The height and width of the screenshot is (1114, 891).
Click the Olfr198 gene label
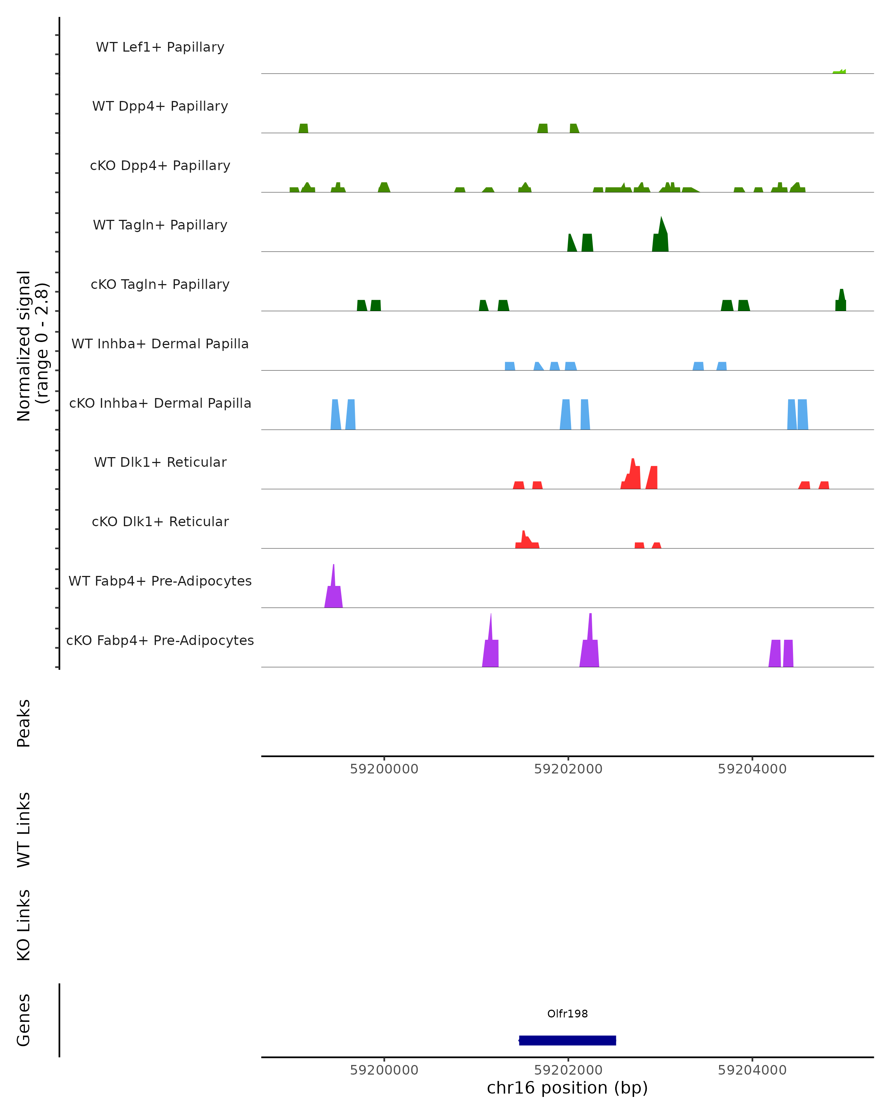[567, 1014]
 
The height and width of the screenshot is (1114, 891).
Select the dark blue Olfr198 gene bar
[567, 1040]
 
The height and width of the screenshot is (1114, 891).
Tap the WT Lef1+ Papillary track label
[160, 47]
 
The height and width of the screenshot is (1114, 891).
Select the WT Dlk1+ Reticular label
[160, 462]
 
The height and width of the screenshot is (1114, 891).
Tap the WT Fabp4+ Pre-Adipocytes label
[160, 581]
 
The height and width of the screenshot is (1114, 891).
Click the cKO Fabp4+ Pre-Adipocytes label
[160, 640]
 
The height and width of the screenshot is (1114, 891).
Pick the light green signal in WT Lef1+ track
[840, 72]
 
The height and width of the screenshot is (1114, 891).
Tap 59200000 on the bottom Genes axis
[384, 1070]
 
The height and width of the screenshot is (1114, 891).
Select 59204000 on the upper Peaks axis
[752, 769]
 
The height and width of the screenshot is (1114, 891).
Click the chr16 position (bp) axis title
[567, 1088]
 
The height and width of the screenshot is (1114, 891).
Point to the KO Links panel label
[24, 925]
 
